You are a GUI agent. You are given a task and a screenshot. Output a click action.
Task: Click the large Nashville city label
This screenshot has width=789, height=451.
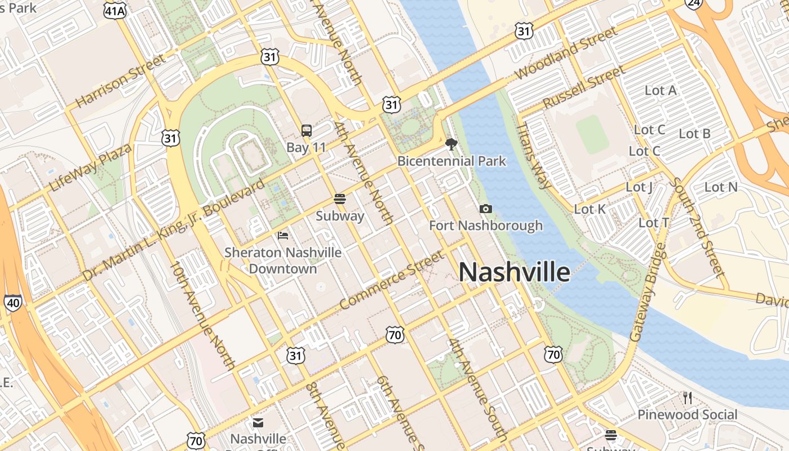coord(514,272)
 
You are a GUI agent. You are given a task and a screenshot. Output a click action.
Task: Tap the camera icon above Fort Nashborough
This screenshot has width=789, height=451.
coord(485,209)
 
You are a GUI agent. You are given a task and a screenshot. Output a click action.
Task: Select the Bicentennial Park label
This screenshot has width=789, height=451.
coord(451,161)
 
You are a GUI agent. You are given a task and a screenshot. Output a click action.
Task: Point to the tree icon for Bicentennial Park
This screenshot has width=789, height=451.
coord(451,144)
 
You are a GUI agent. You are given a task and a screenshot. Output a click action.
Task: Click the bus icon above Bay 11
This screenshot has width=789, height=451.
coord(307,131)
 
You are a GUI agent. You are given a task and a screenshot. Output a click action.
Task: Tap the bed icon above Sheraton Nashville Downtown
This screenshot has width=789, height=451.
coord(283,235)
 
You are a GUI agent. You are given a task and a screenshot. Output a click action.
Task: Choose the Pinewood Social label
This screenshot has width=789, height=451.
coord(687,415)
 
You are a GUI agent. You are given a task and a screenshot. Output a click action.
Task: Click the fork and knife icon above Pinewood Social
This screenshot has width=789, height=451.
coord(687,398)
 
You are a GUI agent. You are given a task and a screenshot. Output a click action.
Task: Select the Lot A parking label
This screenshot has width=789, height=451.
coord(661,90)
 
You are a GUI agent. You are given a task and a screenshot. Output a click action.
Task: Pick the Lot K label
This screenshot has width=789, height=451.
coord(589,210)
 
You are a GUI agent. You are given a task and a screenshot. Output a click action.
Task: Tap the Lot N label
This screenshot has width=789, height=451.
coord(721,187)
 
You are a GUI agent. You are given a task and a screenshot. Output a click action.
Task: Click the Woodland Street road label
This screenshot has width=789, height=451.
coord(566,54)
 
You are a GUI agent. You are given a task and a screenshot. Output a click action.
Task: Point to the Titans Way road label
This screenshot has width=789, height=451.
coord(534,156)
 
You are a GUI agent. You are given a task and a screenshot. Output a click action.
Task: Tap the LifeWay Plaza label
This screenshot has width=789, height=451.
coord(90,167)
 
